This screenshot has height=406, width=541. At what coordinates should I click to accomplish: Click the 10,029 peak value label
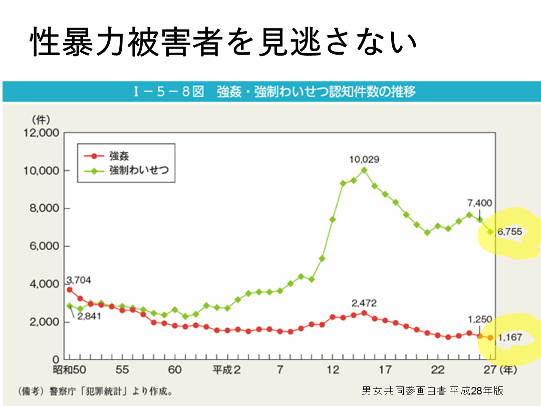click(x=364, y=160)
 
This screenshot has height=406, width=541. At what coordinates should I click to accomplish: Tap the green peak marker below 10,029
click(x=364, y=170)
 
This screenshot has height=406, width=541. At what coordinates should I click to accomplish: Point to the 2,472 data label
click(x=364, y=303)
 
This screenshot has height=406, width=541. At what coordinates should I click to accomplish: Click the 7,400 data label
click(x=479, y=203)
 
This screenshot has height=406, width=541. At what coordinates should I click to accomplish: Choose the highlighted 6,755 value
click(x=509, y=232)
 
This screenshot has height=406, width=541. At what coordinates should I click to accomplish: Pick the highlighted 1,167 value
click(x=509, y=338)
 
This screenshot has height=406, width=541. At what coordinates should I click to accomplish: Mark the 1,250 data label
click(x=480, y=319)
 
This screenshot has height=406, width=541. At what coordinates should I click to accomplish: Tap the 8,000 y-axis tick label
click(x=41, y=209)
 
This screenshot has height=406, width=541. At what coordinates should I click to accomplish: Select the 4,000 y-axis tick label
click(x=41, y=284)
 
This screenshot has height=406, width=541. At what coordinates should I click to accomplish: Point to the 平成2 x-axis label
click(x=226, y=370)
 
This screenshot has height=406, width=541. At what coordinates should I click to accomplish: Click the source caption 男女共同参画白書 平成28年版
click(x=432, y=390)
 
